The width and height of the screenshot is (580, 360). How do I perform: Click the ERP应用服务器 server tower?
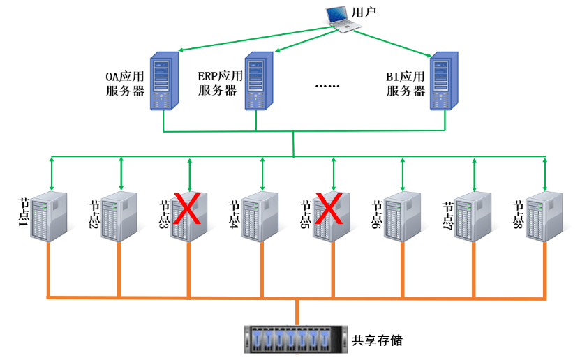coord(257,80)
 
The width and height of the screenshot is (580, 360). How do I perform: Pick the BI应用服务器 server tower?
coord(445,80)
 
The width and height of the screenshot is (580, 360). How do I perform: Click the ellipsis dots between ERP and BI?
coord(327,86)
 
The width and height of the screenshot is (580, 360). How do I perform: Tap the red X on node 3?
coord(188,209)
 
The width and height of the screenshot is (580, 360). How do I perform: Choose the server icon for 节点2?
coord(119,215)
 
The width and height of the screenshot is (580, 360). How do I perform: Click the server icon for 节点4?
coord(261,215)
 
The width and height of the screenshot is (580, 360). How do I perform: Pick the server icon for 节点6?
coord(402,215)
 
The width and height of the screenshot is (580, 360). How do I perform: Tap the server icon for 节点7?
coord(473,215)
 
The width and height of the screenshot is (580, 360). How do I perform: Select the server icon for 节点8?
coord(544,215)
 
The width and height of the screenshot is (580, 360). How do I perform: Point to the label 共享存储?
coord(378,340)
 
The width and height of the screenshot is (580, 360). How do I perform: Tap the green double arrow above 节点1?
coord(51,172)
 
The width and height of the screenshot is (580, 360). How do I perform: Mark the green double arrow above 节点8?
coord(545,172)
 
